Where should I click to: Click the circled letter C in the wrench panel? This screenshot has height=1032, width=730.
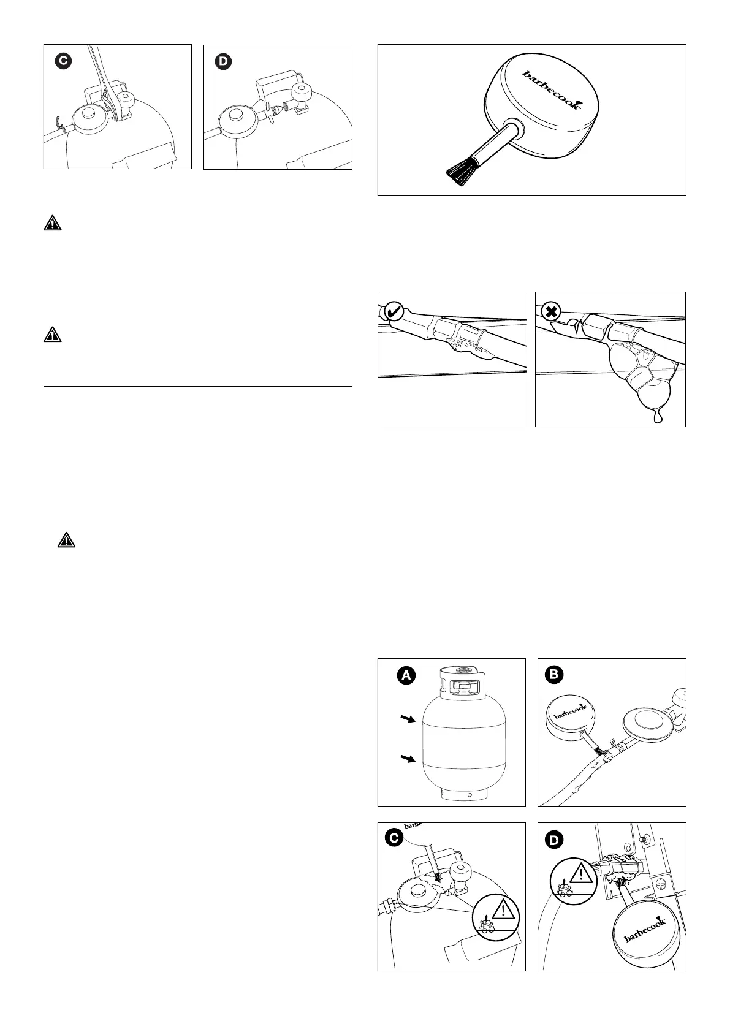pos(61,61)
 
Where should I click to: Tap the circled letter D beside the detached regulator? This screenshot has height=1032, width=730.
pos(222,61)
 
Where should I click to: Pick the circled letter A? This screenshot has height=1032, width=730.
pos(405,675)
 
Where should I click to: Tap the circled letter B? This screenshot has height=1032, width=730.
pos(555,675)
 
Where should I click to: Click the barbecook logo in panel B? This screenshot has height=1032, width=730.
pos(570,711)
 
